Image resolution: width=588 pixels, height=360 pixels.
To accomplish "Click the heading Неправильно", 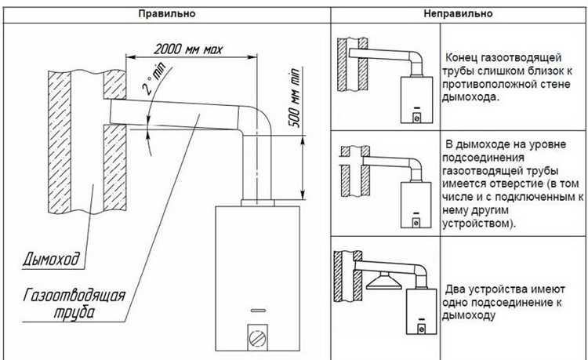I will click(459, 13).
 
